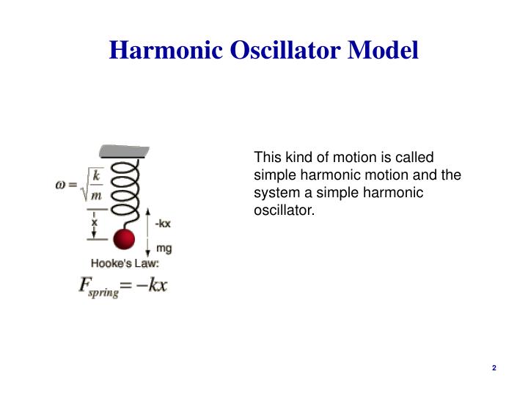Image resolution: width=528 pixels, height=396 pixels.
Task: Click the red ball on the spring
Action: (x=124, y=240)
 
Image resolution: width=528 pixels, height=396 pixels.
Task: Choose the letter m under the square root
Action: (x=96, y=196)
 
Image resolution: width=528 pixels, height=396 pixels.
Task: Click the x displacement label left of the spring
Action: (x=94, y=221)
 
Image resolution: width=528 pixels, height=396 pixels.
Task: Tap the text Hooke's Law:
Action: (x=125, y=263)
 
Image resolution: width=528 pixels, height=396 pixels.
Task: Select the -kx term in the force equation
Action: (x=153, y=285)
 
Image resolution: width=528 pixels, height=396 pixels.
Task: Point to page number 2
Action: (x=494, y=367)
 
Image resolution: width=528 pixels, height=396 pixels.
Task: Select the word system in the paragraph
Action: (x=274, y=193)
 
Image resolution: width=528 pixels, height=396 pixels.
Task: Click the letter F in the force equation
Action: (x=84, y=285)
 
